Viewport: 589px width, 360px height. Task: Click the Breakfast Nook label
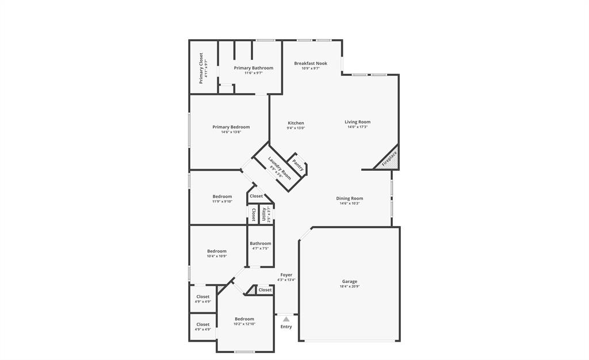pyautogui.click(x=311, y=63)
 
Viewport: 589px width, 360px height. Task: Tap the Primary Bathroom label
pyautogui.click(x=253, y=68)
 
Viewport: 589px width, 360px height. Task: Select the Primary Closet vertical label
pyautogui.click(x=201, y=68)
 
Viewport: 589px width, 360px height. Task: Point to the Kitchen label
pyautogui.click(x=296, y=123)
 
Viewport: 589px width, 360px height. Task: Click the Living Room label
pyautogui.click(x=357, y=122)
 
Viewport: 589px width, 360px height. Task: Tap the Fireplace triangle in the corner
pyautogui.click(x=389, y=159)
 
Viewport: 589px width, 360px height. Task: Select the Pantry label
pyautogui.click(x=298, y=165)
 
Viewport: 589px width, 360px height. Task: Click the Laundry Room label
pyautogui.click(x=280, y=168)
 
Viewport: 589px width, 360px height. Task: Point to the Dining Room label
pyautogui.click(x=350, y=198)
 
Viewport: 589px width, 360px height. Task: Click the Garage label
pyautogui.click(x=350, y=281)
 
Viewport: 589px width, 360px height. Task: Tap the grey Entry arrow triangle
pyautogui.click(x=286, y=319)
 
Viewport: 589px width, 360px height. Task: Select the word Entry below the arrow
pyautogui.click(x=286, y=327)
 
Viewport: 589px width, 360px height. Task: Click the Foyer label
pyautogui.click(x=286, y=275)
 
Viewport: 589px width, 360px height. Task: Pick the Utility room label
pyautogui.click(x=264, y=214)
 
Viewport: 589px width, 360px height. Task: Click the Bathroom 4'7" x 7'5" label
pyautogui.click(x=260, y=243)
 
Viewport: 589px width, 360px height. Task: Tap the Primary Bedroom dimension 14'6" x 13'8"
pyautogui.click(x=231, y=132)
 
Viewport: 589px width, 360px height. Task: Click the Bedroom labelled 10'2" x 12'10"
pyautogui.click(x=244, y=319)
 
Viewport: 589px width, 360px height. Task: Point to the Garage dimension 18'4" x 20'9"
pyautogui.click(x=350, y=286)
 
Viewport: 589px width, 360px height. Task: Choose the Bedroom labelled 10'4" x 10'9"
pyautogui.click(x=217, y=251)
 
